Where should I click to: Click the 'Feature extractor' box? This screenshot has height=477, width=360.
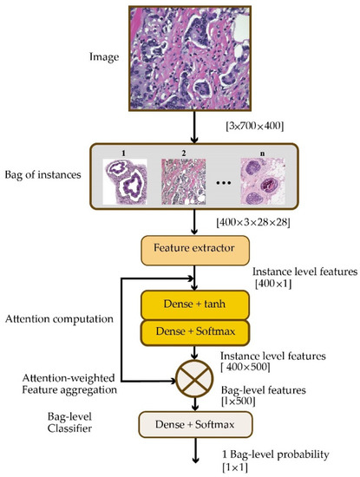(195, 250)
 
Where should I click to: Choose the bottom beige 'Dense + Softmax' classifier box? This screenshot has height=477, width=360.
(195, 424)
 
